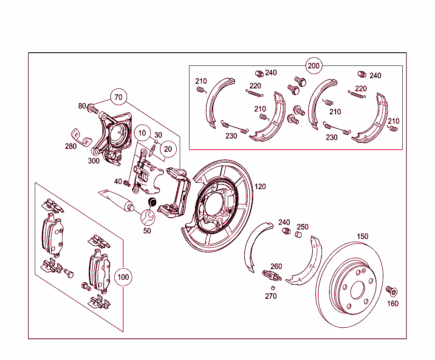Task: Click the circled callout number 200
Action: pos(314,66)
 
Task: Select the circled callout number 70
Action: pos(119,97)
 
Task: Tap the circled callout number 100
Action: pos(123,277)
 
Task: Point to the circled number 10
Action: pos(142,133)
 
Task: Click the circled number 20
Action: pos(168,149)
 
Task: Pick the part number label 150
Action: pos(362,236)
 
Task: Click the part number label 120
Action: pos(260,187)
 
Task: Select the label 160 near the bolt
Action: pos(393,303)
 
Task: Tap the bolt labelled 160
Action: pos(391,291)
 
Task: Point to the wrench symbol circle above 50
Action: pos(148,217)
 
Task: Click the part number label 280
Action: pos(71,146)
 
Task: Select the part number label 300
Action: pos(93,161)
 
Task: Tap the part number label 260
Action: pos(276,266)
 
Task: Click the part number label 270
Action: pos(271,296)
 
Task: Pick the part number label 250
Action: pos(302,227)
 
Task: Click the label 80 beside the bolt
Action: pos(82,106)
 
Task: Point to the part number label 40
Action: pos(118,181)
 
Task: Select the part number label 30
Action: pos(158,135)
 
